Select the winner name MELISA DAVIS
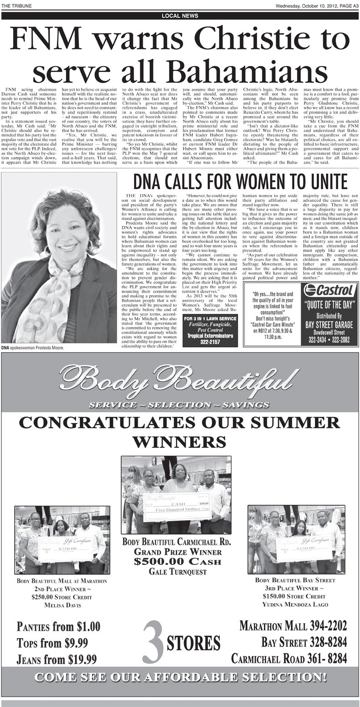point(62,605)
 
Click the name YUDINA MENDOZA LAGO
point(295,605)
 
